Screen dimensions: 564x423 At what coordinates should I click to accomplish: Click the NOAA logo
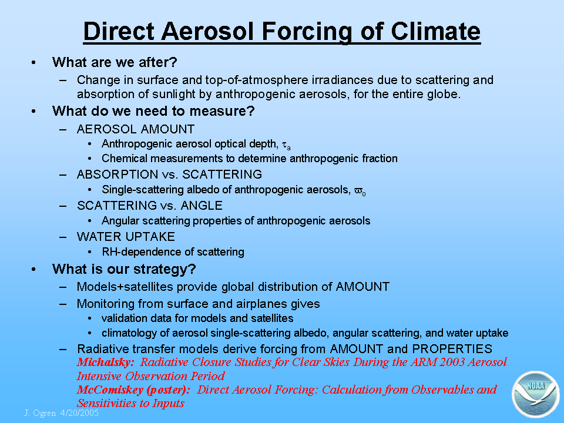tap(536, 394)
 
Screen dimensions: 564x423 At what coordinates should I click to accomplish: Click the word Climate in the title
tap(435, 31)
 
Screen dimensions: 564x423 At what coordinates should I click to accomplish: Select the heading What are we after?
tap(115, 62)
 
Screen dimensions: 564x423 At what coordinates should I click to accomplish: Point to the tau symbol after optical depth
tap(286, 145)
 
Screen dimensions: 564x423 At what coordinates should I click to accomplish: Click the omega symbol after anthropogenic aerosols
tap(360, 190)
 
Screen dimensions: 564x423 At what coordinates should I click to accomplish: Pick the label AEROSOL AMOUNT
tap(136, 129)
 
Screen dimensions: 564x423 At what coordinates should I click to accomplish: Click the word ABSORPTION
tap(117, 174)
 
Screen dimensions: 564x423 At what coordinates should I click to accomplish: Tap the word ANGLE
tap(202, 206)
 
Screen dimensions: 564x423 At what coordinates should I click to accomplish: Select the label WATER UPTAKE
tap(126, 237)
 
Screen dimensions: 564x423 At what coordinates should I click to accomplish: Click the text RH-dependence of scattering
tap(173, 252)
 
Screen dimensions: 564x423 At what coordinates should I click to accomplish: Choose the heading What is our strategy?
tap(124, 269)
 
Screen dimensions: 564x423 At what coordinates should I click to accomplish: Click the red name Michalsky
tap(105, 362)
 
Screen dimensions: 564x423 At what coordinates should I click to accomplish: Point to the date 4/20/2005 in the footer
tap(79, 412)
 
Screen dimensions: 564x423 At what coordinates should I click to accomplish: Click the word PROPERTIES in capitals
tap(452, 349)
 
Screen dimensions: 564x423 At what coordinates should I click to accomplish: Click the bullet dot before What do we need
tap(33, 112)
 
